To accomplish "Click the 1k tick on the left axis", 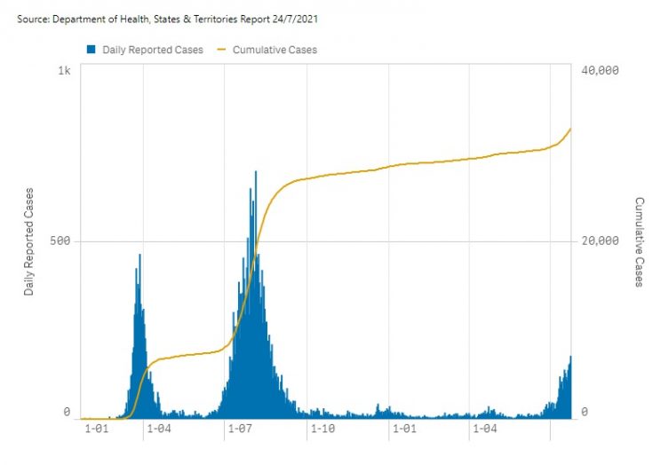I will [x=64, y=70].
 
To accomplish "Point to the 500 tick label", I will [x=59, y=240].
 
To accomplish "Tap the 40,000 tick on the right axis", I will [x=598, y=70].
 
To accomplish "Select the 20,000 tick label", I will [x=598, y=240].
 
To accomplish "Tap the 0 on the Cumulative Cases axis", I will [x=586, y=412].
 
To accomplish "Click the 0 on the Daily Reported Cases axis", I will [x=67, y=412].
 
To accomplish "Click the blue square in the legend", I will [x=91, y=50].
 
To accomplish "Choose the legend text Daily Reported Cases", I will [x=152, y=50].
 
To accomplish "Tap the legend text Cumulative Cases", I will [x=275, y=50].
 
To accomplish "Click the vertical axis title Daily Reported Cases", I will [x=28, y=240].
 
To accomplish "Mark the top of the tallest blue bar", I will [x=256, y=172].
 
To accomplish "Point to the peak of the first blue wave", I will [x=139, y=256].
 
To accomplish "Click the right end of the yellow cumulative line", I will [x=570, y=129].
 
